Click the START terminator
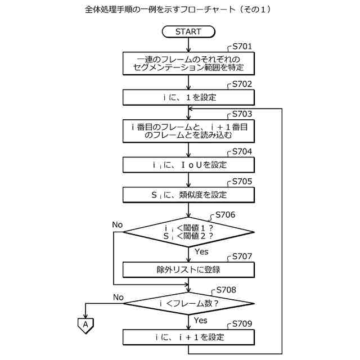click(188, 31)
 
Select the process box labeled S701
click(188, 63)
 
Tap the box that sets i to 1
click(188, 97)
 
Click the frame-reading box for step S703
click(188, 130)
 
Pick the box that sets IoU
click(188, 165)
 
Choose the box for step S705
click(188, 195)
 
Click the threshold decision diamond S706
click(188, 232)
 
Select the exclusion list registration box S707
click(188, 269)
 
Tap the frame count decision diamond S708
click(188, 304)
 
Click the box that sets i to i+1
click(188, 337)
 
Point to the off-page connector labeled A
click(85, 325)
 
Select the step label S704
click(242, 151)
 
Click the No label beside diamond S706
click(117, 224)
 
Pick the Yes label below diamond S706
click(201, 251)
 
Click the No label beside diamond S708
click(118, 297)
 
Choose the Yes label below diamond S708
click(200, 320)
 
